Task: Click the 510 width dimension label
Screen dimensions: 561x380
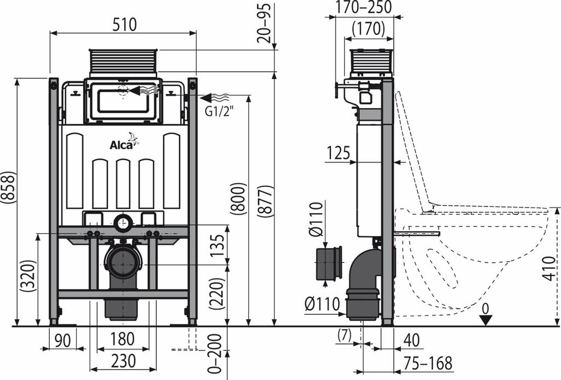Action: pyautogui.click(x=124, y=25)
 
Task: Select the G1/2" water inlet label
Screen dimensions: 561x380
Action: pyautogui.click(x=219, y=111)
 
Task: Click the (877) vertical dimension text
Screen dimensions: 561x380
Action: pyautogui.click(x=266, y=200)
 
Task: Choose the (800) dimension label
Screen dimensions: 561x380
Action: pyautogui.click(x=239, y=199)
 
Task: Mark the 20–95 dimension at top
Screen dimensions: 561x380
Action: pyautogui.click(x=264, y=23)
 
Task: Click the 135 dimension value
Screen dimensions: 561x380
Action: pyautogui.click(x=217, y=245)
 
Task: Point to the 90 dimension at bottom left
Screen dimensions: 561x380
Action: pyautogui.click(x=63, y=341)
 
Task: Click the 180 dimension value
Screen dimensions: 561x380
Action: pyautogui.click(x=122, y=339)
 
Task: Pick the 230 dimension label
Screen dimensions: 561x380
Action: pyautogui.click(x=123, y=361)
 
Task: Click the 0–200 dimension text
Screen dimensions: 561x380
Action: pyautogui.click(x=214, y=354)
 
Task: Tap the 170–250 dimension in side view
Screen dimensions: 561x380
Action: pyautogui.click(x=364, y=7)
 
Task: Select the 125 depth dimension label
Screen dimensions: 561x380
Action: pyautogui.click(x=338, y=153)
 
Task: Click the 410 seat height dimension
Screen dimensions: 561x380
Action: pyautogui.click(x=551, y=268)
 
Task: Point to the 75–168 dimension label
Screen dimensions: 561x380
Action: pyautogui.click(x=428, y=363)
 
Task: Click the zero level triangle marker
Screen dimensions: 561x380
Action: pyautogui.click(x=485, y=320)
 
